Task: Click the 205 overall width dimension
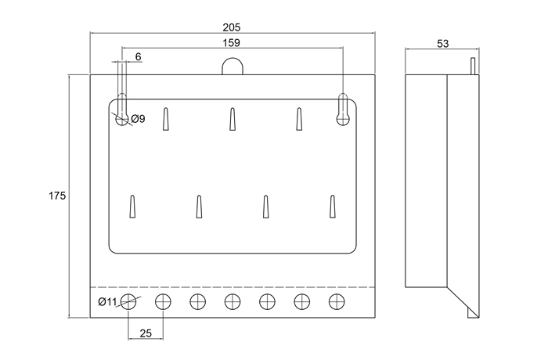[232, 27]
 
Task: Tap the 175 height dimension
[56, 195]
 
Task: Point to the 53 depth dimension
[442, 44]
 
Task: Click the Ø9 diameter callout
[137, 119]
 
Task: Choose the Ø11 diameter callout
[107, 302]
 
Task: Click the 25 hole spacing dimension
[146, 333]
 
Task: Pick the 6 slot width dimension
[138, 57]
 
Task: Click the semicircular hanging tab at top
[232, 67]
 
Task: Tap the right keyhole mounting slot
[343, 109]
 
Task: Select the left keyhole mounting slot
[121, 110]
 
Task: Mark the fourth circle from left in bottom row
[233, 301]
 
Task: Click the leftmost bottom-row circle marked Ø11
[129, 301]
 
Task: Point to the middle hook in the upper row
[233, 119]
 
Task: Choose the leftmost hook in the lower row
[132, 207]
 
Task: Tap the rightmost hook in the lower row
[333, 207]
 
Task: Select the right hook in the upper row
[299, 119]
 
